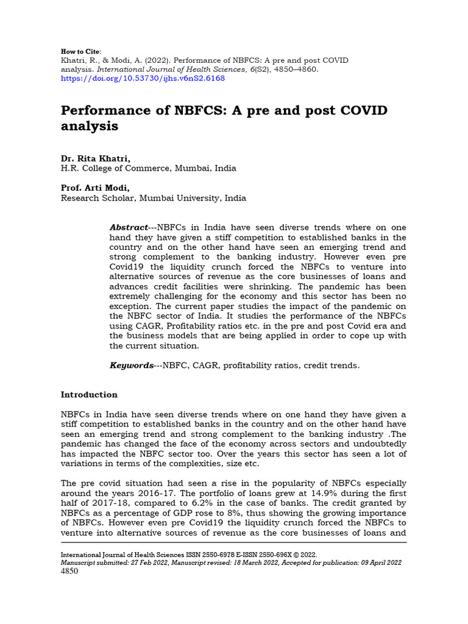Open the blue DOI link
click(x=143, y=78)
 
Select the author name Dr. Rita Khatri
click(x=96, y=158)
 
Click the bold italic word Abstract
click(x=129, y=227)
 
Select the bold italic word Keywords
click(x=131, y=366)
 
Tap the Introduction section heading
click(x=89, y=395)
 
